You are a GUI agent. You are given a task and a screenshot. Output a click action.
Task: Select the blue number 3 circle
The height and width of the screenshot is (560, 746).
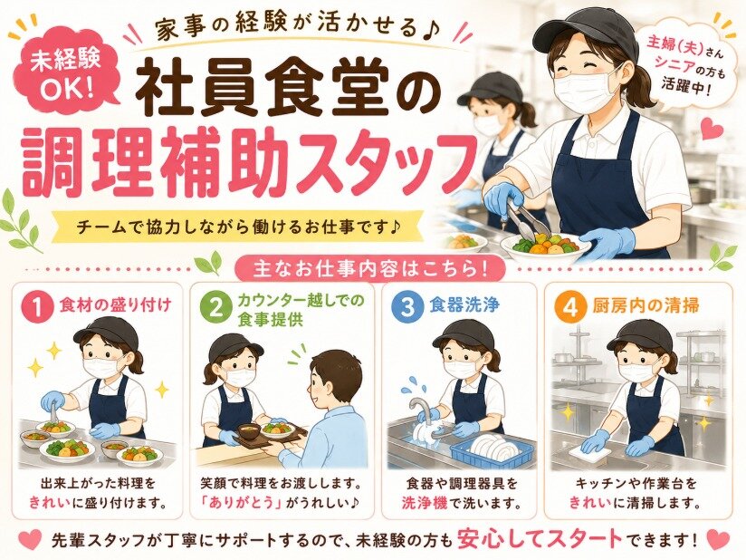[x=408, y=307]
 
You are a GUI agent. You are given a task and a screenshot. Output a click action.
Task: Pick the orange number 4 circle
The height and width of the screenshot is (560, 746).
[x=571, y=307]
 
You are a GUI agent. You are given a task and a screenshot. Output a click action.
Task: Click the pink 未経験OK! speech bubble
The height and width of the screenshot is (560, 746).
[x=66, y=73]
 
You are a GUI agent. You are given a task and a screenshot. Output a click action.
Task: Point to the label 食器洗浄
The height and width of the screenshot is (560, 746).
[x=464, y=304]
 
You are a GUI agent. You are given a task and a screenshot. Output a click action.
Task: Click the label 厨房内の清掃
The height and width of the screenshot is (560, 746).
[x=646, y=305]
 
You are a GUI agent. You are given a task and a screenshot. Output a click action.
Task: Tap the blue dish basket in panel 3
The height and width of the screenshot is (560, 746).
[x=491, y=449]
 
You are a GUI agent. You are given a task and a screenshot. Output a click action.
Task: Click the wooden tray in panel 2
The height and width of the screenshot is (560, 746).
[x=273, y=438]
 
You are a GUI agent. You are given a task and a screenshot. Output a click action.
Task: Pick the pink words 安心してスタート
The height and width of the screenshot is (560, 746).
[x=540, y=538]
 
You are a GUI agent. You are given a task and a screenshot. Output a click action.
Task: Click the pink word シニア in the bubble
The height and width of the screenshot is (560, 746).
[x=674, y=62]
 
